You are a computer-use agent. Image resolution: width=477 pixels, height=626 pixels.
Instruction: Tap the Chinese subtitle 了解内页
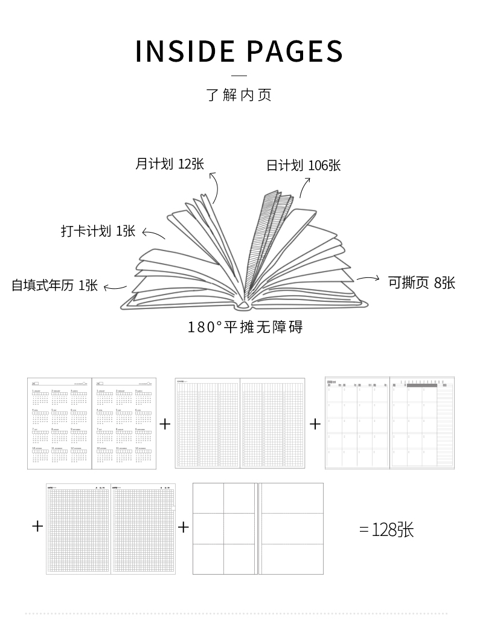(x=239, y=95)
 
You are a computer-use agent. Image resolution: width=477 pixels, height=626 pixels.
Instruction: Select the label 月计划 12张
(x=169, y=164)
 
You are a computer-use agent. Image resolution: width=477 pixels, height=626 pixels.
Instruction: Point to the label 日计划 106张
(x=304, y=166)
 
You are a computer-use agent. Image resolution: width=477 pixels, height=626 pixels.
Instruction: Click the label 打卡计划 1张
(x=98, y=231)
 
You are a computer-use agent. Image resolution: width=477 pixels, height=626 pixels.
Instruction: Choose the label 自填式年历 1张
(x=54, y=285)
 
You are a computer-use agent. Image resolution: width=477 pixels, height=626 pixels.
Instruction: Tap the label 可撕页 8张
(x=421, y=282)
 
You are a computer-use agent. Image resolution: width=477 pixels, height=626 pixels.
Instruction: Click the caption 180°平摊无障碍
(x=245, y=328)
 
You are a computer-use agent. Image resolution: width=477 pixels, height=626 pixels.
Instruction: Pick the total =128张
(x=386, y=530)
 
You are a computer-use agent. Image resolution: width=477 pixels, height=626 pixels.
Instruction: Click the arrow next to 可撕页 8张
(x=368, y=279)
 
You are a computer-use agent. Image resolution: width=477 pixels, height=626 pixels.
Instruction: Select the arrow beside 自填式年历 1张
(x=115, y=288)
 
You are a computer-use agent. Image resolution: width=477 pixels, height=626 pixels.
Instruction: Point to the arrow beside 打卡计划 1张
(x=153, y=234)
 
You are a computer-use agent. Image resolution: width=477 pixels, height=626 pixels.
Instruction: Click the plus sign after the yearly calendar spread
(x=165, y=424)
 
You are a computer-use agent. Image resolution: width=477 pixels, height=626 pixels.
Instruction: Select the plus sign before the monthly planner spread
(x=315, y=424)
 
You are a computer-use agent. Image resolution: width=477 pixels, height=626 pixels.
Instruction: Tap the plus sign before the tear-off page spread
(x=184, y=528)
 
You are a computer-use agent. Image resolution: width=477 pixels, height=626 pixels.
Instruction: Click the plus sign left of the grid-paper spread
(x=37, y=526)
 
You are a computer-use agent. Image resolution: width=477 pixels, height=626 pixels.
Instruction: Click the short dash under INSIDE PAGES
(x=239, y=76)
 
